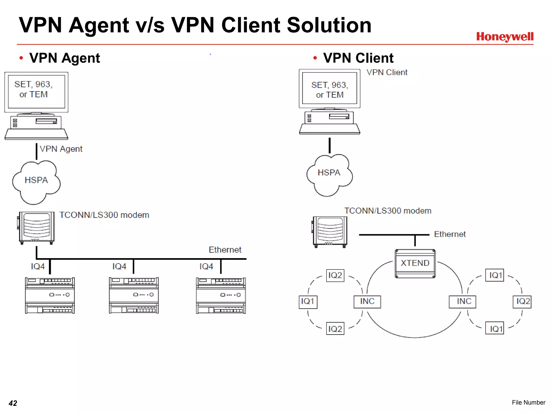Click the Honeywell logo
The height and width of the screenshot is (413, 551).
(x=504, y=37)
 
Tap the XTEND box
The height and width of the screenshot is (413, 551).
(x=415, y=263)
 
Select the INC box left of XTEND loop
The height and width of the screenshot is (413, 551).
(x=367, y=301)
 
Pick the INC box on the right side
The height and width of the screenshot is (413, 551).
(x=462, y=301)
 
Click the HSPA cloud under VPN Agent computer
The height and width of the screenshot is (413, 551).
(x=36, y=182)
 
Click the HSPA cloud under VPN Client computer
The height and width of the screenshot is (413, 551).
(x=329, y=174)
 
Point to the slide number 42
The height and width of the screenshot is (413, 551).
(x=13, y=403)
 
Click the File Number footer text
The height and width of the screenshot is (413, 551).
(x=528, y=402)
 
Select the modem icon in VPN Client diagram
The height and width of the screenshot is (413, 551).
(x=330, y=232)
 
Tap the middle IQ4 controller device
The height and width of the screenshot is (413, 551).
(x=134, y=295)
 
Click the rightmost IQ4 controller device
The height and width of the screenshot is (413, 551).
(x=221, y=295)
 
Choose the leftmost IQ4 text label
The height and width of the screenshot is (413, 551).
(x=38, y=266)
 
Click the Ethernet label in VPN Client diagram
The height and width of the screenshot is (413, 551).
(x=450, y=234)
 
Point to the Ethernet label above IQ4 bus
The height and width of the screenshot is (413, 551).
(x=225, y=250)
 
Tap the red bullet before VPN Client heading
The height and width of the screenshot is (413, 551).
(x=315, y=58)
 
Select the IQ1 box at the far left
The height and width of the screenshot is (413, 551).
(x=308, y=302)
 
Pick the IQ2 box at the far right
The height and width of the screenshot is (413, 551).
(x=522, y=301)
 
